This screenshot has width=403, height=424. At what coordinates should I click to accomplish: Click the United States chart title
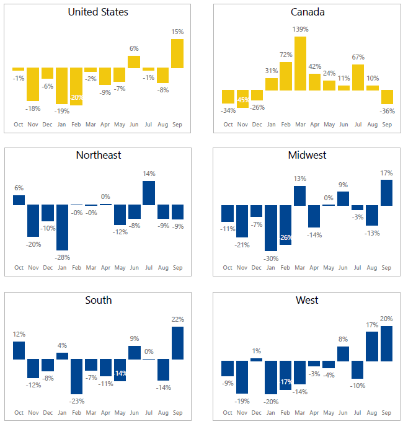click(98, 12)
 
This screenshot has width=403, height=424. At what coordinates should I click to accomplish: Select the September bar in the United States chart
click(177, 53)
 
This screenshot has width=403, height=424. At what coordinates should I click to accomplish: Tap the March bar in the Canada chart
click(300, 63)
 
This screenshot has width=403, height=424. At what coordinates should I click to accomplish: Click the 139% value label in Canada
click(300, 29)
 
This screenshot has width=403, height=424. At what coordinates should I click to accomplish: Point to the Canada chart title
click(308, 12)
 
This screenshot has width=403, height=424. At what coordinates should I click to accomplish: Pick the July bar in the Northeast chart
click(149, 193)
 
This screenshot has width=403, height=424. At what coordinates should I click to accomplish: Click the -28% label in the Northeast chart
click(62, 257)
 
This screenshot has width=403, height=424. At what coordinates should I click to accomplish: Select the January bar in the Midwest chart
click(271, 227)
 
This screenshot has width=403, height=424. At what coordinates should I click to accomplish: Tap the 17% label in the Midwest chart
click(387, 173)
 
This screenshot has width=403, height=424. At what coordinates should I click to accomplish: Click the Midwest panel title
click(308, 155)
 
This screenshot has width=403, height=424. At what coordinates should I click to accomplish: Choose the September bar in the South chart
click(177, 343)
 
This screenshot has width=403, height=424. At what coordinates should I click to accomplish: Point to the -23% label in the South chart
click(77, 401)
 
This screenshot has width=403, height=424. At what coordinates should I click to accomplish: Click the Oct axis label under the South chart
click(19, 413)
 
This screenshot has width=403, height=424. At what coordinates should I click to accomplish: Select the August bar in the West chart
click(372, 347)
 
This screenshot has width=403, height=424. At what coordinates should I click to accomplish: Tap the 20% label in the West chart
click(387, 319)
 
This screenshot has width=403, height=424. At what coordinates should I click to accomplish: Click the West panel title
click(308, 300)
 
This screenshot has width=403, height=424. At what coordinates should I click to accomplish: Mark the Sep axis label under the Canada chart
click(387, 124)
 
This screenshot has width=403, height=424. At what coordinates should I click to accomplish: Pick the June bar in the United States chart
click(134, 61)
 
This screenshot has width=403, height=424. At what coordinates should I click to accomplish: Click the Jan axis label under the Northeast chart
click(62, 268)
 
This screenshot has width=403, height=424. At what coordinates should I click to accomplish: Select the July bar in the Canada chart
click(358, 77)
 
